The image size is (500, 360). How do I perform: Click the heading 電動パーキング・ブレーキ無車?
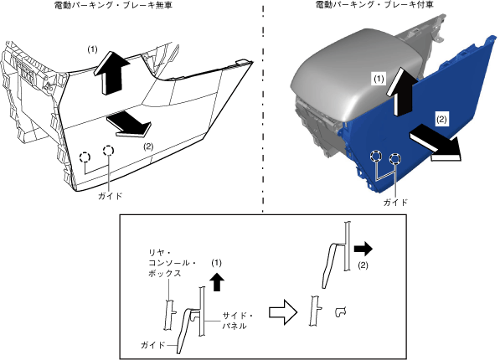(x=114, y=5)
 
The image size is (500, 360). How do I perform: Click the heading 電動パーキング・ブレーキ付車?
(x=374, y=5)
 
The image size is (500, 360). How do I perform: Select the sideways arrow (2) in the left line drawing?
(x=129, y=125)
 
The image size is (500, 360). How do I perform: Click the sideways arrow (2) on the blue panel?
(x=435, y=142)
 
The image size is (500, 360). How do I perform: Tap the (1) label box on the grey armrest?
(x=379, y=79)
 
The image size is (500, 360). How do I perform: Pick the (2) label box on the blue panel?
(x=441, y=119)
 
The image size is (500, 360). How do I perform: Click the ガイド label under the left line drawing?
(x=110, y=196)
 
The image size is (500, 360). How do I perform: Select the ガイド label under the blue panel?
(x=395, y=202)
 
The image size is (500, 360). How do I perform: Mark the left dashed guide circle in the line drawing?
(x=85, y=157)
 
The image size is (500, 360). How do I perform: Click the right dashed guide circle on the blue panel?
(x=395, y=158)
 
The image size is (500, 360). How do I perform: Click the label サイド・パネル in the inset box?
(x=238, y=321)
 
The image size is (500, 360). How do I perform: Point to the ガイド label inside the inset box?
(x=152, y=345)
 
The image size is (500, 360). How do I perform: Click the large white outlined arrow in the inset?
(x=283, y=312)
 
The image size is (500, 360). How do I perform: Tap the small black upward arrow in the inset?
(x=217, y=282)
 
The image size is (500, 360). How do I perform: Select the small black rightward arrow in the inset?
(x=363, y=249)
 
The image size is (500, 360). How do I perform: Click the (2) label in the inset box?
(x=363, y=265)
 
